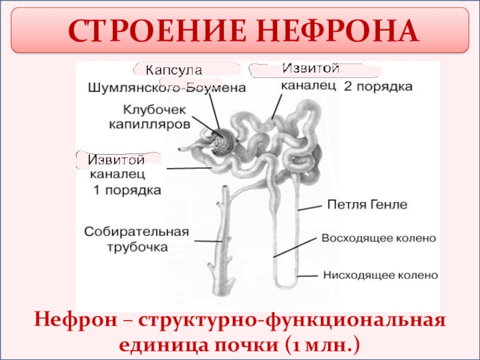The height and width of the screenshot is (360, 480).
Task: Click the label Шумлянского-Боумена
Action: (167, 88)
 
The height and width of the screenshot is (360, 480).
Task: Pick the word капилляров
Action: (149, 124)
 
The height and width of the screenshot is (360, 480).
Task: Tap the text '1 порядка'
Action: (127, 190)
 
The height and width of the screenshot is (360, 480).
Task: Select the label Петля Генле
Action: (367, 205)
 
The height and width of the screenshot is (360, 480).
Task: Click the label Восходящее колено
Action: (379, 238)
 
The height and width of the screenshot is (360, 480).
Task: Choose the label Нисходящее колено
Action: (380, 275)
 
